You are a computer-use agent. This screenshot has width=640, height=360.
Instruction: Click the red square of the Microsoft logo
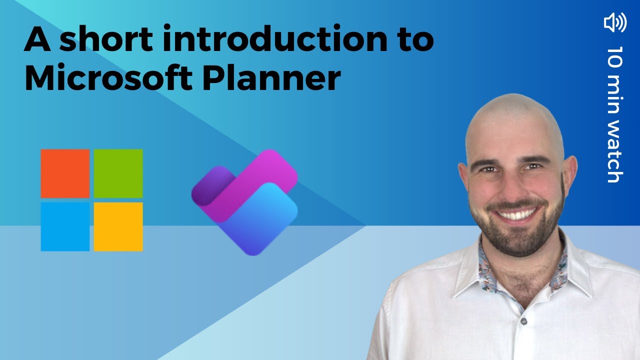tap(65, 173)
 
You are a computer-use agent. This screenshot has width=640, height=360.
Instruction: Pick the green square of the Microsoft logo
tap(118, 173)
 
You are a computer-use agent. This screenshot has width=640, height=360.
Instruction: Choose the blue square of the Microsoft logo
tap(65, 226)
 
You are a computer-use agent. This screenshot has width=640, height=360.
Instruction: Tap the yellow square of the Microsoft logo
tap(118, 226)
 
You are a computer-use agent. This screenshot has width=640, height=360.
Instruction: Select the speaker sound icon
tap(615, 23)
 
